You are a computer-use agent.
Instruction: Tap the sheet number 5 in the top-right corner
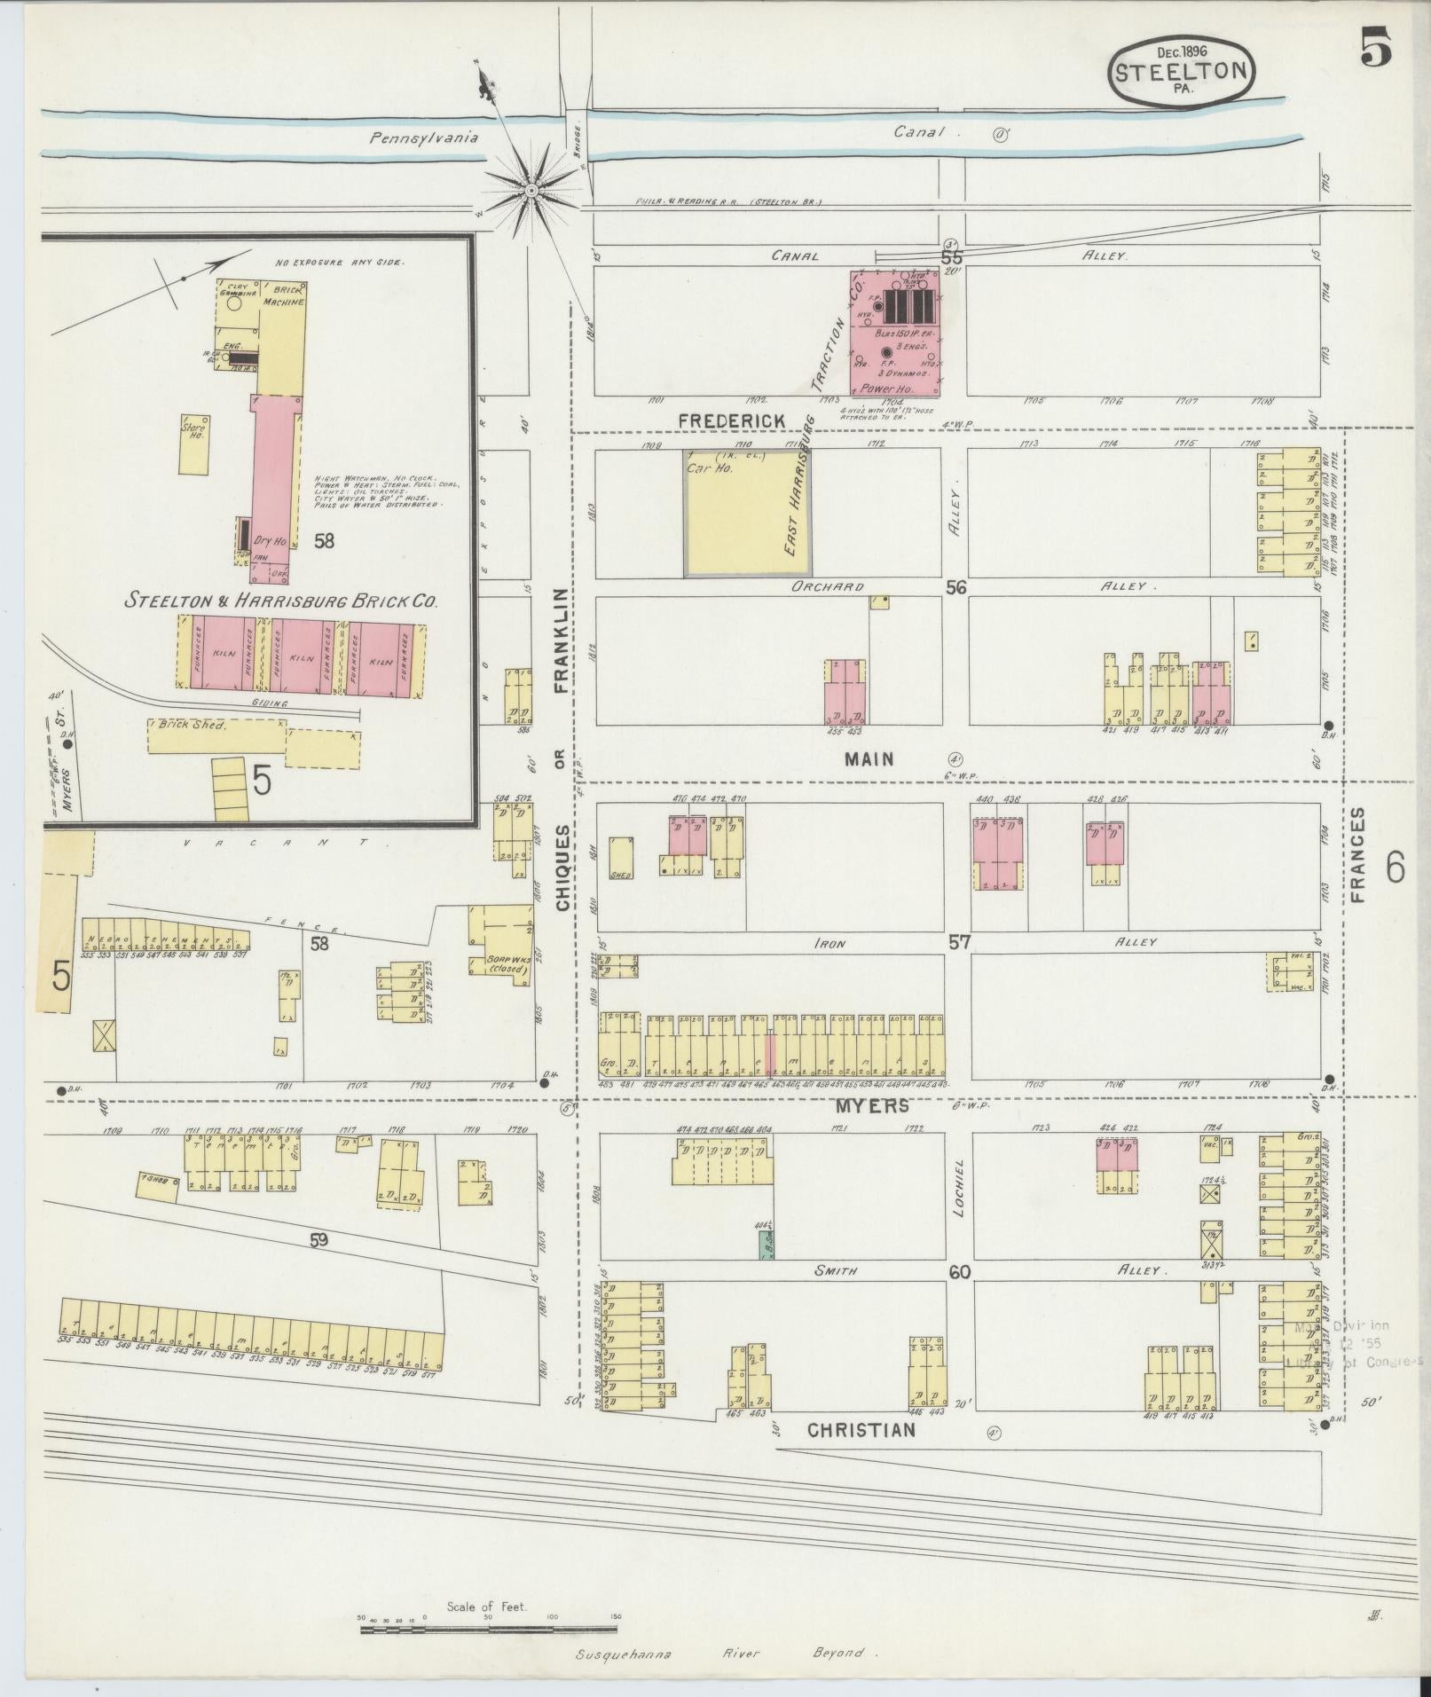coord(1376,49)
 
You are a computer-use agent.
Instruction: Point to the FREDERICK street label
coord(732,420)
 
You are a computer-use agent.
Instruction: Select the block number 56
coord(955,587)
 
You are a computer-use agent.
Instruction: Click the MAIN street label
coord(869,759)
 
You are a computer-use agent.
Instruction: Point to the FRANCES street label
coord(1360,855)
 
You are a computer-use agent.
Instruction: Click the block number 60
coord(960,1272)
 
